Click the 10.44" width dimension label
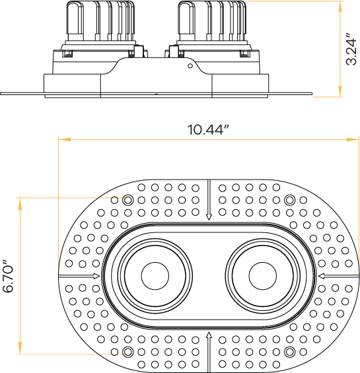click(207, 129)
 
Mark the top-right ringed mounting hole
click(289, 200)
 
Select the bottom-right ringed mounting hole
click(289, 351)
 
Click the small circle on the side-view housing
click(190, 65)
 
